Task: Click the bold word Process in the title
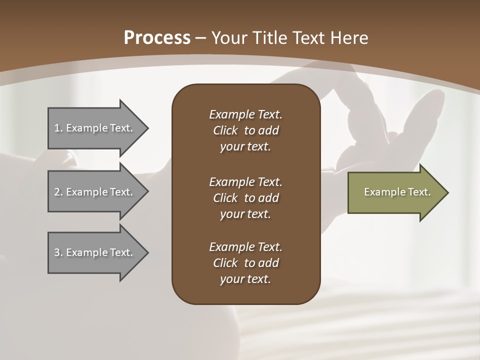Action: tap(157, 38)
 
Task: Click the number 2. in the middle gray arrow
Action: tap(58, 192)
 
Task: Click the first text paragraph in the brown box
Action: tap(245, 130)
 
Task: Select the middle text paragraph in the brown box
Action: tap(245, 197)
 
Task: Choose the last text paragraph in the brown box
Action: tap(245, 263)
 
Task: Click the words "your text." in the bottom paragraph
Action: tap(245, 279)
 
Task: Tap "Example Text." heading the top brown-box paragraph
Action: tap(245, 114)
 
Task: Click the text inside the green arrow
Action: tap(397, 192)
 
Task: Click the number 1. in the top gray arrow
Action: tap(58, 128)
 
